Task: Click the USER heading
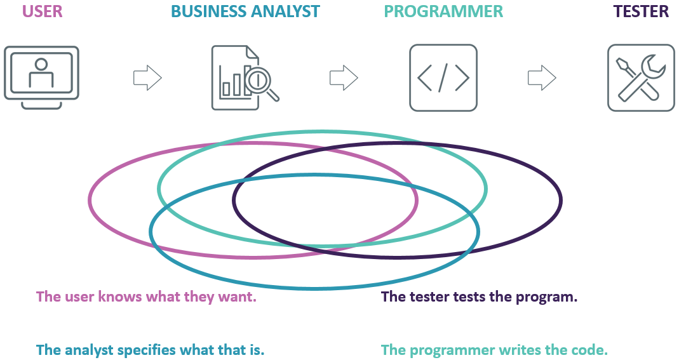coord(43,11)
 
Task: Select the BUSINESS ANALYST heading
coord(245,11)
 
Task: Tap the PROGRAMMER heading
coord(443,11)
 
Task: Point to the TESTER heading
coord(640,11)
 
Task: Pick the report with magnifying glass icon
coord(245,77)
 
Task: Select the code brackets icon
coord(443,77)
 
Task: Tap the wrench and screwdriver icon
coord(641,77)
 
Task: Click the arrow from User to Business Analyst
coord(147,77)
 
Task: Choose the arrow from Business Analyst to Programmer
coord(344,77)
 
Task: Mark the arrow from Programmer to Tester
coord(542,77)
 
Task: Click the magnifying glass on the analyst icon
coord(260,82)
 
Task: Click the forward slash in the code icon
coord(443,77)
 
